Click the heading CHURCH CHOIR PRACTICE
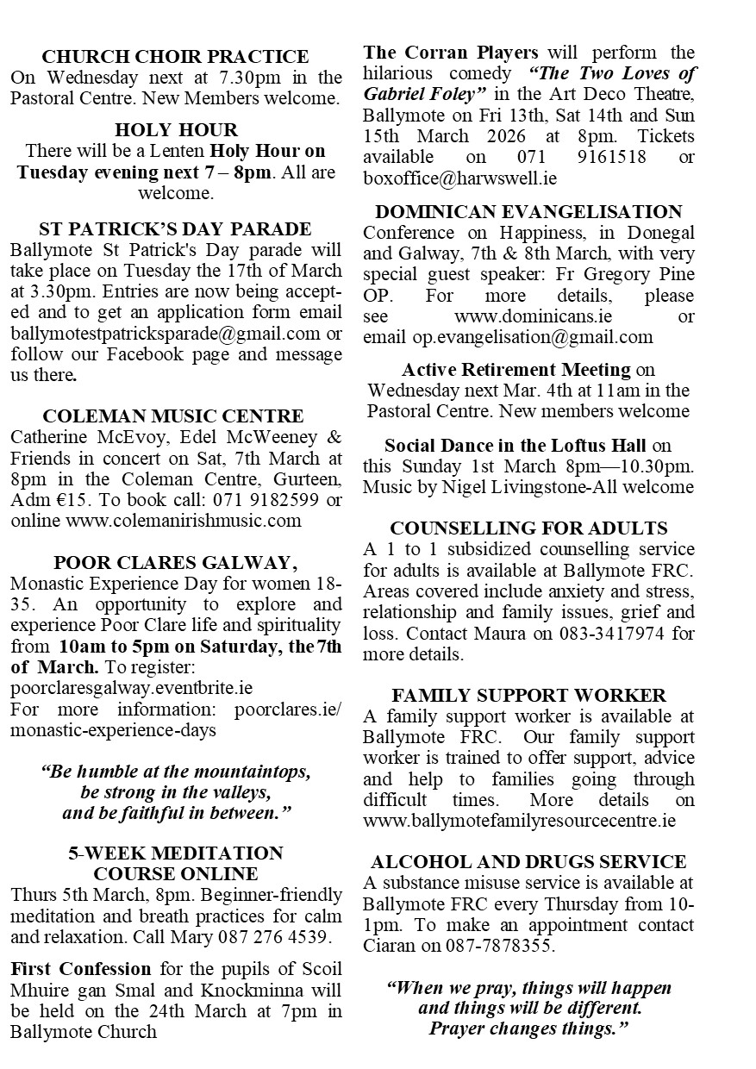pyautogui.click(x=176, y=57)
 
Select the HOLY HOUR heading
pyautogui.click(x=176, y=130)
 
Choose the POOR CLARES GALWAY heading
pyautogui.click(x=176, y=563)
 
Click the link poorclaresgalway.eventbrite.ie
pyautogui.click(x=132, y=688)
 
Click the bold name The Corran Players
pyautogui.click(x=451, y=53)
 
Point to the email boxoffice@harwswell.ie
pyautogui.click(x=459, y=178)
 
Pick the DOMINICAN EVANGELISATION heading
pyautogui.click(x=528, y=212)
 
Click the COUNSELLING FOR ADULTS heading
pyautogui.click(x=528, y=528)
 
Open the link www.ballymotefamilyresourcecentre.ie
pyautogui.click(x=519, y=821)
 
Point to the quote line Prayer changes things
pyautogui.click(x=528, y=1028)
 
